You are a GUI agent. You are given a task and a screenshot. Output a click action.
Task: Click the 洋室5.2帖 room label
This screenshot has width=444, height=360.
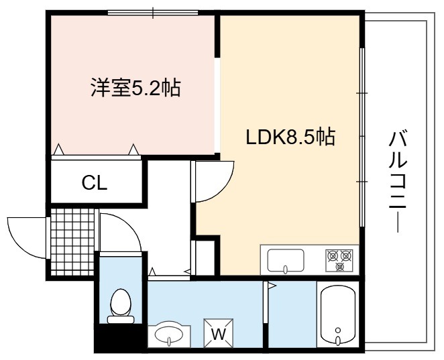135,88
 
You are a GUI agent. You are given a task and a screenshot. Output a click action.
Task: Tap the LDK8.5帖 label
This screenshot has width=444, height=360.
290,137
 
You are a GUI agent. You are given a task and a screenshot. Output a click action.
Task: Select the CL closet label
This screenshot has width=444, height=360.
95,183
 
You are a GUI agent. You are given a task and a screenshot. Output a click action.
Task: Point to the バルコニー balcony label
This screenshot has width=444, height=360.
398,181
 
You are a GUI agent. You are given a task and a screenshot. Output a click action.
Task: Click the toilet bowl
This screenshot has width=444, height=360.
121,302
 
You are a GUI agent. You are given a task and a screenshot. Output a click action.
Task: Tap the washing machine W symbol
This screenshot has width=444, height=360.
219,333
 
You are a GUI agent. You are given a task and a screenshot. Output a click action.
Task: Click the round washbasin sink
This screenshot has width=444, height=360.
169,335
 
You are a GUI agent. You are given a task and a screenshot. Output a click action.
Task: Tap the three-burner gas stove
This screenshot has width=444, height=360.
339,260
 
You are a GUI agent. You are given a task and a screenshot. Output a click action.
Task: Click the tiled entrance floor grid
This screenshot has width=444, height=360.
73,242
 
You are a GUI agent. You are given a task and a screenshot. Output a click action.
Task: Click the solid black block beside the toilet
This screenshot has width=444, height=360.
121,338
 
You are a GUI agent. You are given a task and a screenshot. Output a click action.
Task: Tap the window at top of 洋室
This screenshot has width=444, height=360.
153,13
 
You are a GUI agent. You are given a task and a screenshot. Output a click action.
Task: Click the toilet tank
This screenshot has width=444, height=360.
121,320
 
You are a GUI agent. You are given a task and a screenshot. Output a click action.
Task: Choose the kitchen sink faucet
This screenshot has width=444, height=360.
286,269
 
